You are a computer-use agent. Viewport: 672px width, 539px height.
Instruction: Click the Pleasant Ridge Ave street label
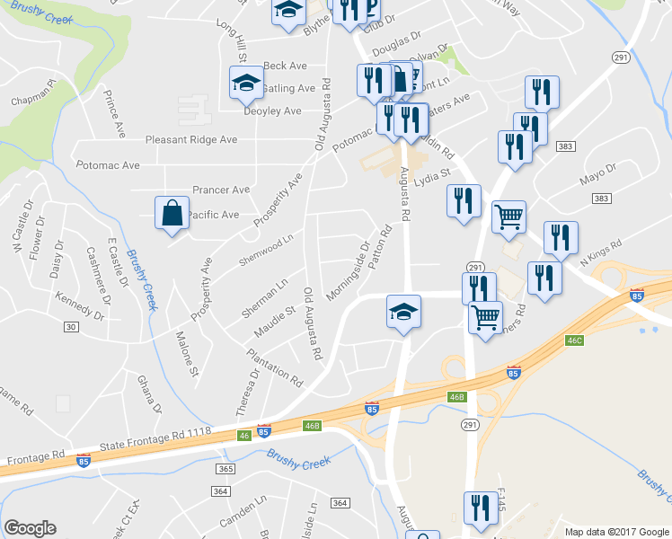[x=191, y=140]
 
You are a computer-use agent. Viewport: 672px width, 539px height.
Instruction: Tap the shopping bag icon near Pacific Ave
[x=171, y=215]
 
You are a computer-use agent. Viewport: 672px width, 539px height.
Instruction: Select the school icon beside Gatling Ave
[x=244, y=84]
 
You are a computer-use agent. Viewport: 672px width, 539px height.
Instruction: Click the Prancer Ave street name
[x=221, y=190]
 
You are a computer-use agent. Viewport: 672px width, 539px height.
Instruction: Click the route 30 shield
[x=70, y=327]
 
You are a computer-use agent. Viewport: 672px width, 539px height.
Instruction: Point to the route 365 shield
[x=225, y=469]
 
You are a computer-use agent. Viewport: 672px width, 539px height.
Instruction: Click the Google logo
[x=30, y=528]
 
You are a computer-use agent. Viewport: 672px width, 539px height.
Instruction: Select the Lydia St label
[x=431, y=175]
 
